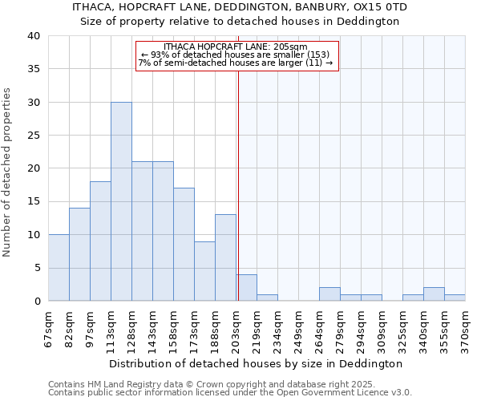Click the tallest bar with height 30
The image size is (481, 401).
pos(121,201)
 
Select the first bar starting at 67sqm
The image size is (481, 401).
pos(59,267)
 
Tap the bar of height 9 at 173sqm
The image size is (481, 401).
pos(204,271)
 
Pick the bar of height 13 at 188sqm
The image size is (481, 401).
pos(225,257)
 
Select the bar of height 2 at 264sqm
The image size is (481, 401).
pos(329,294)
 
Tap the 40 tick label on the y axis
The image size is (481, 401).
pos(33,36)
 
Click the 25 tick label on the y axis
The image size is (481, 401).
pos(33,136)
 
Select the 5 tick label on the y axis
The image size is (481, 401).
pos(36,268)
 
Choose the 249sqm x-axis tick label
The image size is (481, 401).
pos(298,329)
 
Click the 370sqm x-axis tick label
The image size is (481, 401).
pos(465,329)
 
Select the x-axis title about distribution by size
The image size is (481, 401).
pos(256,363)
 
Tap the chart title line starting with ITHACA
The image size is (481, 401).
pos(240,7)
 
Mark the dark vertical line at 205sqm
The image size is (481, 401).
pos(238,184)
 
